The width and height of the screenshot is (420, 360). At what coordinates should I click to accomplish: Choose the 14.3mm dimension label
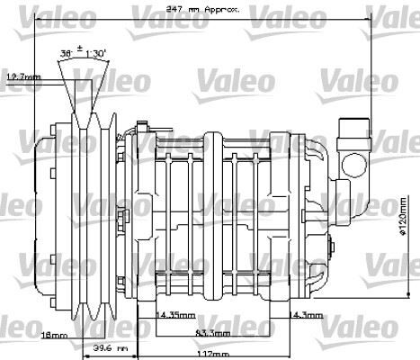[308, 315]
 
